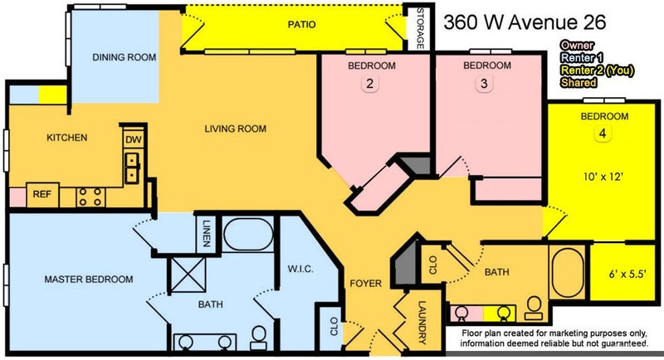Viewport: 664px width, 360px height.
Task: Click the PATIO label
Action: (x=301, y=25)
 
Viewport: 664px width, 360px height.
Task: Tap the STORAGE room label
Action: (x=420, y=28)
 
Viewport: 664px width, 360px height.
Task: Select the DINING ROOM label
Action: (x=124, y=57)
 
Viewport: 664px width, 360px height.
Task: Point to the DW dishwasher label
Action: (x=134, y=139)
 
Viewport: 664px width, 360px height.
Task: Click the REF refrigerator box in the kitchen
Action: (x=42, y=195)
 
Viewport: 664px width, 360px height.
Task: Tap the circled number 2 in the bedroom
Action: (x=369, y=84)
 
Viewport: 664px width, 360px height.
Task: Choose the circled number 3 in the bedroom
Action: (x=484, y=84)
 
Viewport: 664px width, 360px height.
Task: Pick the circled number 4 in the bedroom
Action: (x=603, y=134)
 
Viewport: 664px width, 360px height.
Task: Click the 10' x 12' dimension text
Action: (x=603, y=177)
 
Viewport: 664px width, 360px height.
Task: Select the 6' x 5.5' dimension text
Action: (x=627, y=274)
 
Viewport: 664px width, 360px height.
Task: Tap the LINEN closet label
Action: (x=207, y=233)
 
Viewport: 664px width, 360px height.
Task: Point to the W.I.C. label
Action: (x=300, y=269)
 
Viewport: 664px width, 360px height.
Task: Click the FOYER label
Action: (x=365, y=284)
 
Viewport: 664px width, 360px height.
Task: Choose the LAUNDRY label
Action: (x=422, y=322)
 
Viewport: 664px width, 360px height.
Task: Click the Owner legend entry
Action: (x=577, y=46)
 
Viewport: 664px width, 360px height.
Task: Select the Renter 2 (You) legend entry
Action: (x=597, y=71)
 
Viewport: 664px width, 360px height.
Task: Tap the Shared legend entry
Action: (x=579, y=82)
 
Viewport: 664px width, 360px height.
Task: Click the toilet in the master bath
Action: (x=258, y=338)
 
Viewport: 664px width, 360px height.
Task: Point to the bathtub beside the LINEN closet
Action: (x=248, y=234)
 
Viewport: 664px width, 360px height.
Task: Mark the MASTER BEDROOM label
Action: (x=89, y=280)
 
